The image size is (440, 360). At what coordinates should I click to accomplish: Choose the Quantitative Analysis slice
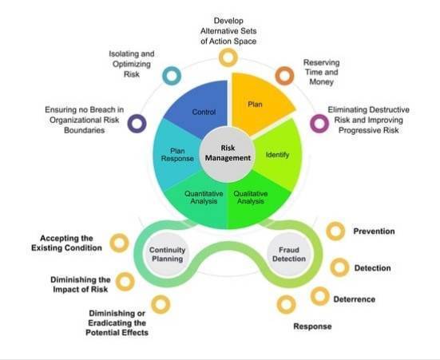(x=200, y=200)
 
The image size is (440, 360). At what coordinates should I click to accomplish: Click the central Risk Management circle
(x=228, y=153)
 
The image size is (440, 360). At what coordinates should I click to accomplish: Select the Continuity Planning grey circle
(x=167, y=254)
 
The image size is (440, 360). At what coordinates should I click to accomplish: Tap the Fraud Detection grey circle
(x=289, y=254)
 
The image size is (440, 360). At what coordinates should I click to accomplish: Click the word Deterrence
(x=355, y=299)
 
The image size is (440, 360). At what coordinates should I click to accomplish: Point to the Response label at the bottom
(x=312, y=326)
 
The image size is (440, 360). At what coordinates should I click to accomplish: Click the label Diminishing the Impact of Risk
(x=81, y=284)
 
